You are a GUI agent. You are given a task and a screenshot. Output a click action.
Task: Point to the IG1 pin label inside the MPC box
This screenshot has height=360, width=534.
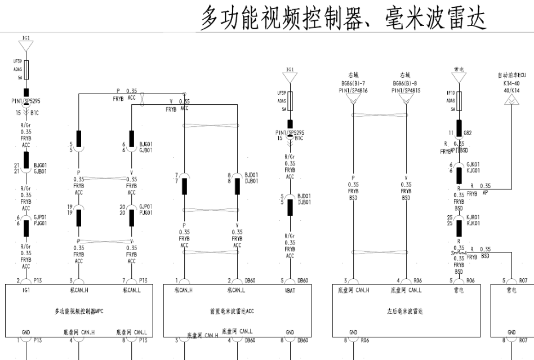click(26, 291)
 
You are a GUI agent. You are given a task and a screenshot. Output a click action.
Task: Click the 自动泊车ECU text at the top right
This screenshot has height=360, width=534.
click(511, 75)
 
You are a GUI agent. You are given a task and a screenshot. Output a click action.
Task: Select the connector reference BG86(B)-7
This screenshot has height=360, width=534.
click(353, 82)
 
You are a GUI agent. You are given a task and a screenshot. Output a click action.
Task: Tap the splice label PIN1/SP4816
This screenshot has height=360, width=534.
click(353, 90)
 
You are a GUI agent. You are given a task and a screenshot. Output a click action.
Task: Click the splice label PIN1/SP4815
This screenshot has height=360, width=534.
click(406, 90)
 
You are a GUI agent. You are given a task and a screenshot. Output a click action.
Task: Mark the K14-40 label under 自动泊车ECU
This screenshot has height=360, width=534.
click(511, 82)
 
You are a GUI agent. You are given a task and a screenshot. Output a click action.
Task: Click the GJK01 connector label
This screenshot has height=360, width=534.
click(473, 165)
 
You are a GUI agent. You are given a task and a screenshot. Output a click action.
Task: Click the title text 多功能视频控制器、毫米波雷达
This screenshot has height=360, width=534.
click(343, 19)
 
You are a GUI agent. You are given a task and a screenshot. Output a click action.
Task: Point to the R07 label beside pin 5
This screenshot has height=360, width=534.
click(523, 279)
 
